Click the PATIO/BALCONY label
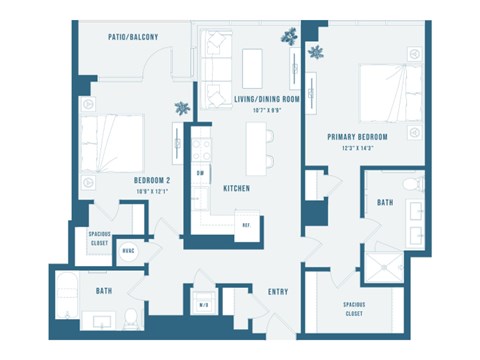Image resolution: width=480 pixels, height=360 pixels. click(x=133, y=37)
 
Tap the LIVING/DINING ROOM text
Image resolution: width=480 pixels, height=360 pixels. click(x=267, y=99)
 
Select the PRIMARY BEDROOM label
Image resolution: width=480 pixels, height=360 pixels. click(x=357, y=136)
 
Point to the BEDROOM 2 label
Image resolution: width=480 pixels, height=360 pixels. click(x=153, y=181)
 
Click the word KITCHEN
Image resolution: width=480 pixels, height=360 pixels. click(x=236, y=188)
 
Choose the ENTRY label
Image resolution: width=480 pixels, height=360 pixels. click(x=278, y=291)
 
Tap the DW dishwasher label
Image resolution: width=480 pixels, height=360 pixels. click(x=201, y=173)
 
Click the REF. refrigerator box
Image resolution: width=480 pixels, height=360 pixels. click(x=244, y=225)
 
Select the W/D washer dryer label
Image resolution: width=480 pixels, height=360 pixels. click(x=203, y=305)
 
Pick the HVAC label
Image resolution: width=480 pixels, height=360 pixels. click(x=129, y=250)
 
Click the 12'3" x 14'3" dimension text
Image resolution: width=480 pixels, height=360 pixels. click(x=357, y=148)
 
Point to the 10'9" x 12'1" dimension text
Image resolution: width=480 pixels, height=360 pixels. click(x=153, y=192)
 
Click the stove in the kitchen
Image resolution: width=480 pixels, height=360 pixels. click(x=201, y=148)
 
